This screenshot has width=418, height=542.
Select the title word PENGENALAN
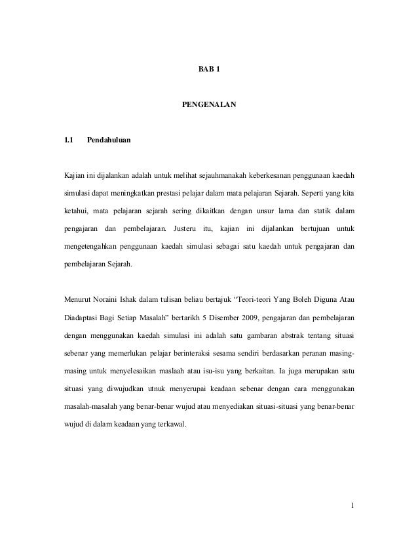pyautogui.click(x=208, y=104)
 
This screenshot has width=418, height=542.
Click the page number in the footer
pyautogui.click(x=352, y=505)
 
